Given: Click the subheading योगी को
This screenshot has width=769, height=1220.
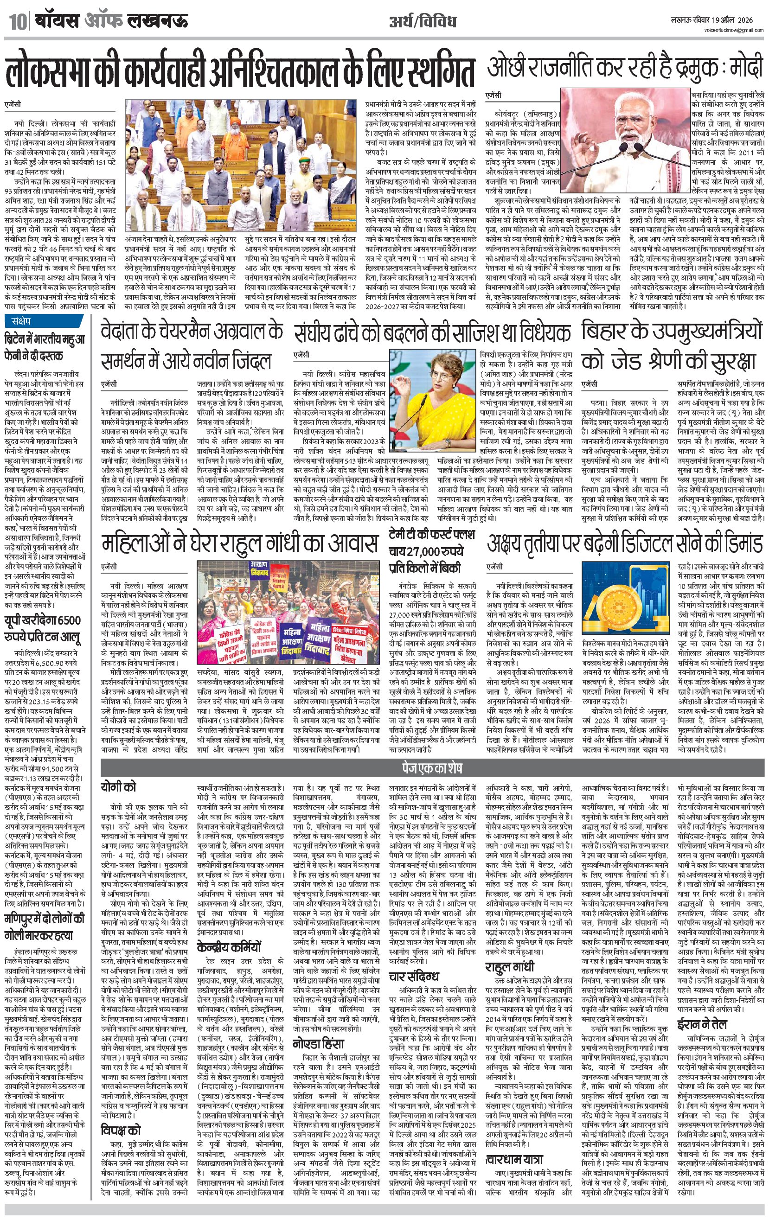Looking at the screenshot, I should pyautogui.click(x=118, y=787).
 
